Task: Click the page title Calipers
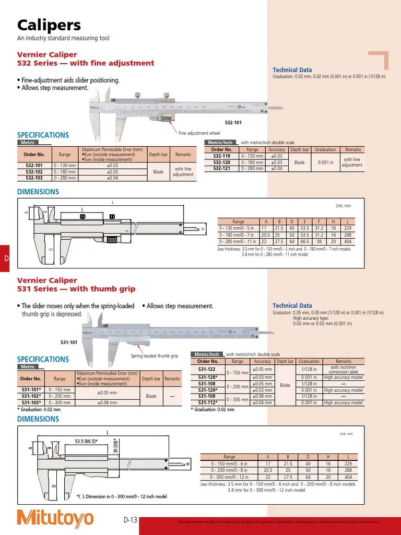[49, 25]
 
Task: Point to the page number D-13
[130, 520]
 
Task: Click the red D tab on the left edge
[5, 259]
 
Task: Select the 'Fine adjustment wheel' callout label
[199, 133]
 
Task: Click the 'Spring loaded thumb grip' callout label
[154, 356]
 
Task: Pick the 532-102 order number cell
[34, 171]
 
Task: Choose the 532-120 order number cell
[222, 162]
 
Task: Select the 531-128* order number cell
[208, 377]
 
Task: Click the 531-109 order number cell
[207, 396]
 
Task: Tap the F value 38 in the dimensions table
[319, 242]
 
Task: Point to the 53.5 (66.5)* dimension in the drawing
[88, 441]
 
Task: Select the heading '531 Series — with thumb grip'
[76, 288]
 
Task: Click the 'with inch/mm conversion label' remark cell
[343, 369]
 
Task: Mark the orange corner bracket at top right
[380, 60]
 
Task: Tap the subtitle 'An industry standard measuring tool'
[63, 39]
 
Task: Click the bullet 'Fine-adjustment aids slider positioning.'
[68, 80]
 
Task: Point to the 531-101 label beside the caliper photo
[69, 342]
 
